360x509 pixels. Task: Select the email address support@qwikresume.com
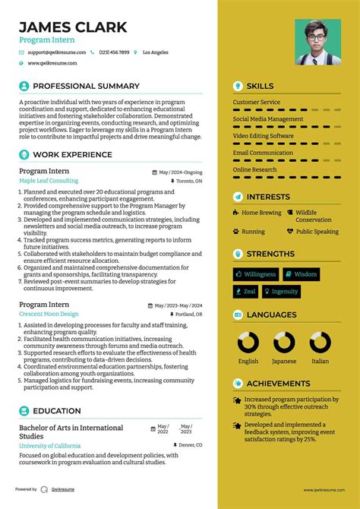(58, 52)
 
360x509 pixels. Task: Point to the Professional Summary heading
(86, 86)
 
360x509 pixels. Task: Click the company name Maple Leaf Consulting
(49, 182)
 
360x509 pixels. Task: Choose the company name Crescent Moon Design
(49, 314)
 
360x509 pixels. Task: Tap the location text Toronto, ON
(189, 182)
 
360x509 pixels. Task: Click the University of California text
(50, 445)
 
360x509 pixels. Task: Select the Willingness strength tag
(256, 274)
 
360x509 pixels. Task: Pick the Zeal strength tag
(246, 291)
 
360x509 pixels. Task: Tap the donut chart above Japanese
(284, 343)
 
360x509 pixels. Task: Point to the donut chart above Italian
(321, 343)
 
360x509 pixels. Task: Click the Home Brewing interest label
(261, 213)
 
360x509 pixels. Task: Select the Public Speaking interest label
(317, 232)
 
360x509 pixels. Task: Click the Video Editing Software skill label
(263, 136)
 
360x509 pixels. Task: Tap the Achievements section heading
(278, 384)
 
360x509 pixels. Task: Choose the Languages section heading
(271, 315)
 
